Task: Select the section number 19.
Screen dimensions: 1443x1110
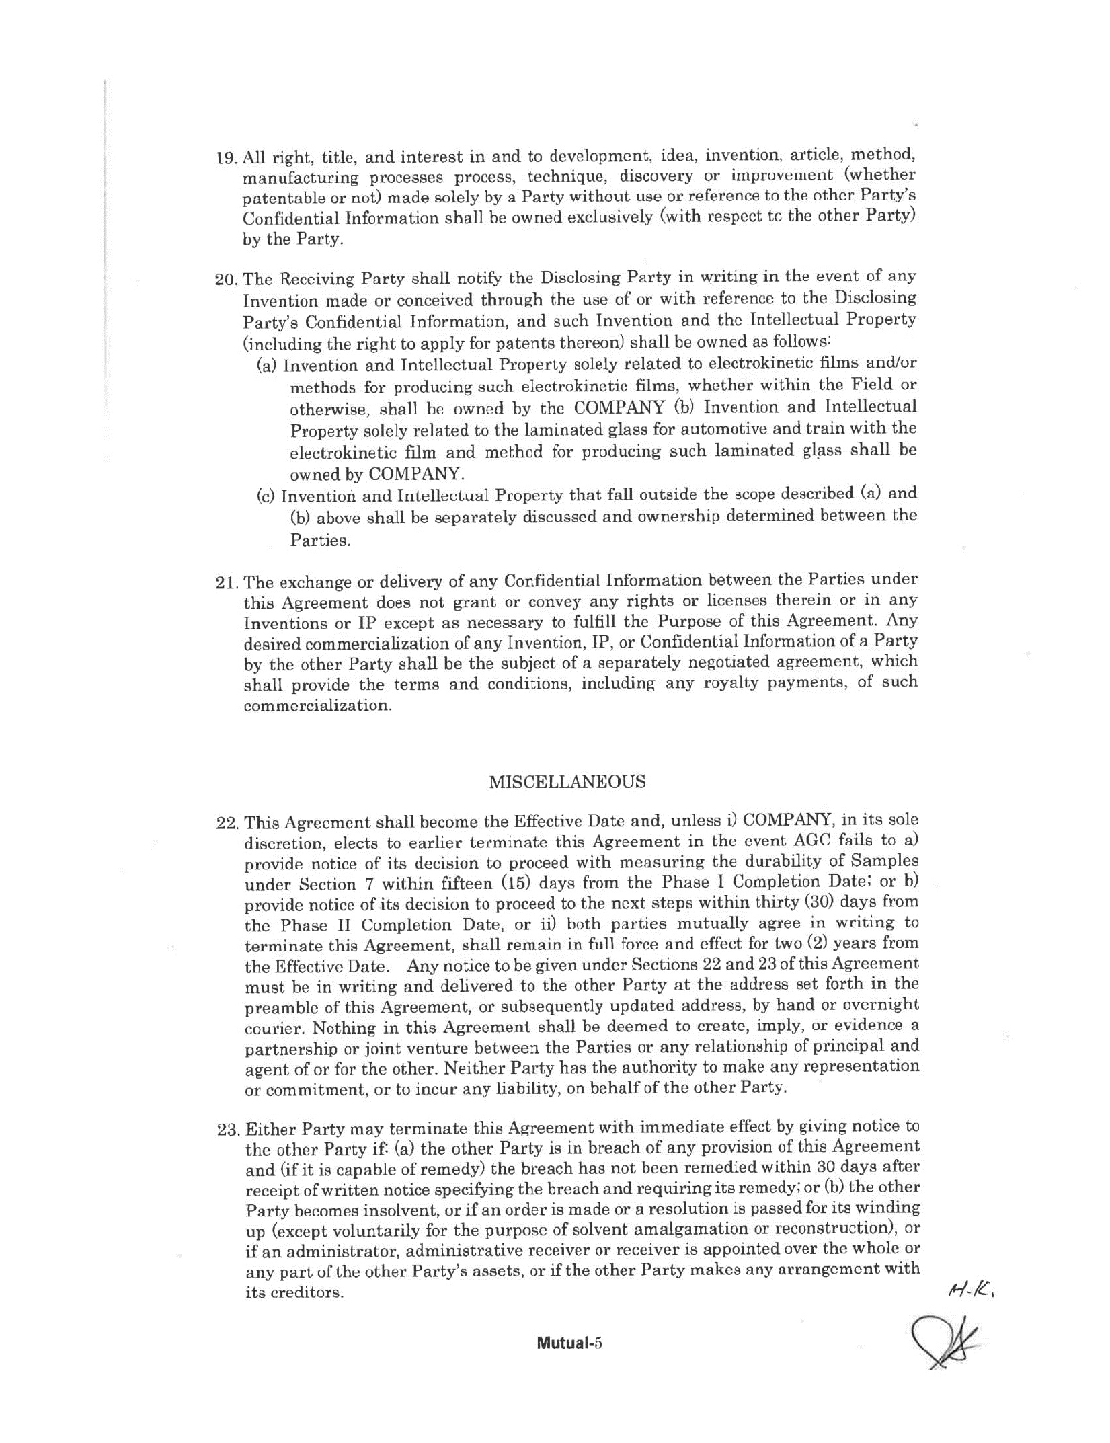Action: [226, 159]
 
